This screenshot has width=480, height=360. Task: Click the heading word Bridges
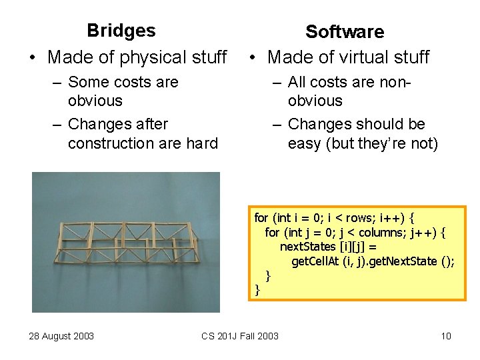[x=121, y=31]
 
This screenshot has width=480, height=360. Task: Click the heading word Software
[x=345, y=31]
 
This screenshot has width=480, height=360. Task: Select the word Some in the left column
[x=87, y=82]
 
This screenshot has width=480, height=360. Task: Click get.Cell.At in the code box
[x=315, y=261]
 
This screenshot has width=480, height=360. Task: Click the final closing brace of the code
[x=257, y=290]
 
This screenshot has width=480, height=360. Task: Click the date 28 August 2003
[x=61, y=336]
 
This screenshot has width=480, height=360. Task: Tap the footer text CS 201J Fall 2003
[x=240, y=336]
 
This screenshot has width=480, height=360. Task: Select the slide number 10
[x=446, y=336]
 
